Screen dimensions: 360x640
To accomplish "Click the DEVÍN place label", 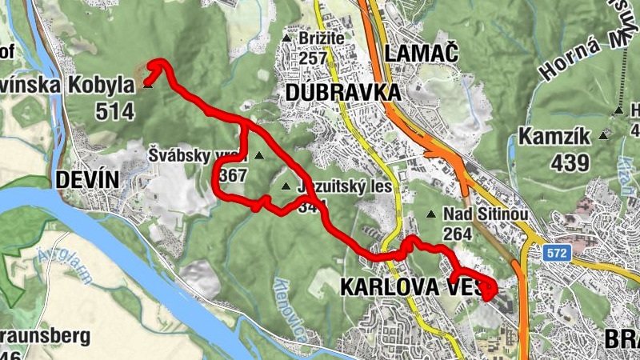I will [87, 180].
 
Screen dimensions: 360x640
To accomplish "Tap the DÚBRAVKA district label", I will [342, 93].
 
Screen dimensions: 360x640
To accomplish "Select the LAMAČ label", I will [421, 54].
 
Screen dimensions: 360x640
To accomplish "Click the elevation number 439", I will [570, 162].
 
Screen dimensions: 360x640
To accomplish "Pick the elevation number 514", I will [115, 110].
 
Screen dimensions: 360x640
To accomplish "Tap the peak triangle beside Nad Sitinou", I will [431, 214].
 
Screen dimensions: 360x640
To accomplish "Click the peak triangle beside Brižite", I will [286, 38].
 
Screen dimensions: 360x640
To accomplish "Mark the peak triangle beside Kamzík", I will [603, 137].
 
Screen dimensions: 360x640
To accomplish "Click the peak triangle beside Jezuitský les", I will [286, 187].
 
